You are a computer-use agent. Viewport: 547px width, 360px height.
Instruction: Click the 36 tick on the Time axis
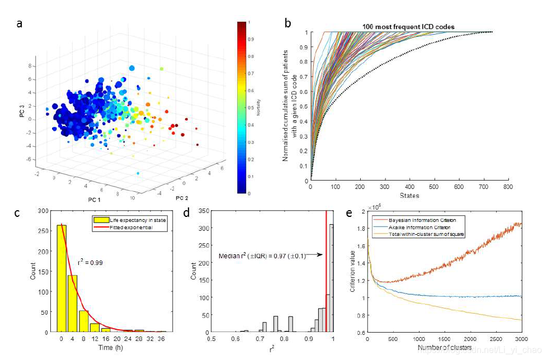click(162, 339)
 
